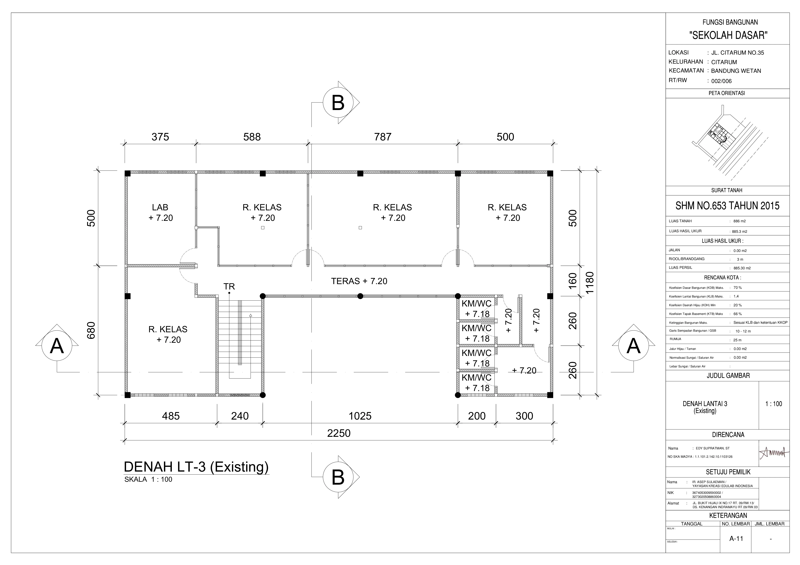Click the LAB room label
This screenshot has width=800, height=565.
160,207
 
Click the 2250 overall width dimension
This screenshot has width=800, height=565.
339,433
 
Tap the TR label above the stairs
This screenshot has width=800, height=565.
229,287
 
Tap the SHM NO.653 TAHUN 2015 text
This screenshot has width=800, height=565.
727,206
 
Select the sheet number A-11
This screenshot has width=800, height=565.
736,539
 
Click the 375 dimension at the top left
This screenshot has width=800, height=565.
160,137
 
